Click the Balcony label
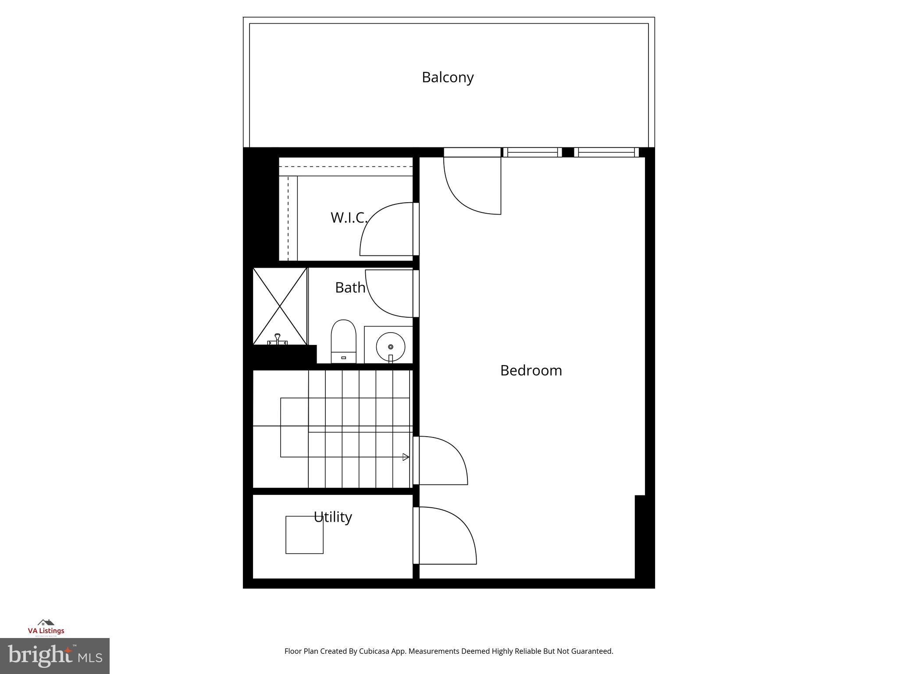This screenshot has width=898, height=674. [x=448, y=77]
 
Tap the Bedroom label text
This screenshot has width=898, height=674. [x=531, y=370]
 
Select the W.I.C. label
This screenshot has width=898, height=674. [x=349, y=217]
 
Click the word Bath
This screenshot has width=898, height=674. [x=350, y=287]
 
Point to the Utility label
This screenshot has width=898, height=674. [x=333, y=517]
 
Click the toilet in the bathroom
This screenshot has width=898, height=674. [x=343, y=341]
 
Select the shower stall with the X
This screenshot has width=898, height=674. [x=280, y=306]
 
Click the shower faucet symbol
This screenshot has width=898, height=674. [x=277, y=339]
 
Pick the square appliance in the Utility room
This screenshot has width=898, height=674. [x=304, y=534]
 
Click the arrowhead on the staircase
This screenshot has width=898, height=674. [x=406, y=457]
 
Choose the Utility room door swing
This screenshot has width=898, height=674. [x=445, y=535]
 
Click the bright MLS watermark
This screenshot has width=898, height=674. [x=55, y=656]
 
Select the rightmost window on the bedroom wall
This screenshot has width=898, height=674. [x=606, y=152]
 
